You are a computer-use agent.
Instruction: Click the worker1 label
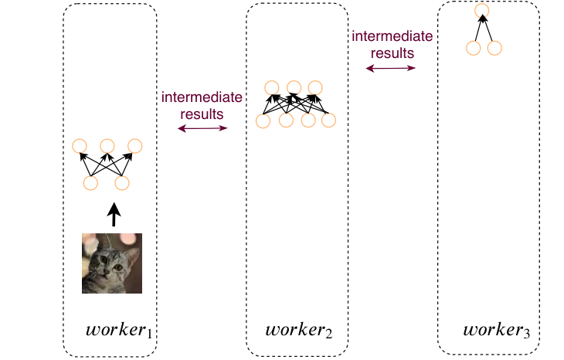[119, 331]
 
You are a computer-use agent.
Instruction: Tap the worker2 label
[299, 331]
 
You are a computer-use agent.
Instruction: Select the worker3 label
[497, 331]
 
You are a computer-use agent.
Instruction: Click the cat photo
[112, 263]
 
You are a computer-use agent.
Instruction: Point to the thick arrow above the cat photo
[114, 214]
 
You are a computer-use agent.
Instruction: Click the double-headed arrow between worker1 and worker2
[202, 128]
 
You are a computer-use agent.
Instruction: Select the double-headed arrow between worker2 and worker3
[391, 68]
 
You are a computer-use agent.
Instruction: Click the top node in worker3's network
[481, 10]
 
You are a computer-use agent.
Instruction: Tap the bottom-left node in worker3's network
[474, 48]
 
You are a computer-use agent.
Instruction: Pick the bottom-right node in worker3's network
[494, 48]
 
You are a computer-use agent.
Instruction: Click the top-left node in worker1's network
[80, 146]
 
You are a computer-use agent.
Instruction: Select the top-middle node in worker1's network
[107, 146]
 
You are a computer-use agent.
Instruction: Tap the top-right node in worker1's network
[135, 146]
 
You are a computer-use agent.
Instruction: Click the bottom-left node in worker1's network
[90, 182]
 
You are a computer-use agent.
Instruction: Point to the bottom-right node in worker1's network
[122, 182]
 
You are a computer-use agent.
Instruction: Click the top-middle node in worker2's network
[294, 88]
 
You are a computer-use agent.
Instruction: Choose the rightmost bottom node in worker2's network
[329, 121]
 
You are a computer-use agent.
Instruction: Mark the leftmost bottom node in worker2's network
[263, 121]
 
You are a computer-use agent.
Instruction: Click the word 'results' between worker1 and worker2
[202, 114]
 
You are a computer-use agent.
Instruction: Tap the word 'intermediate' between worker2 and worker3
[392, 36]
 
